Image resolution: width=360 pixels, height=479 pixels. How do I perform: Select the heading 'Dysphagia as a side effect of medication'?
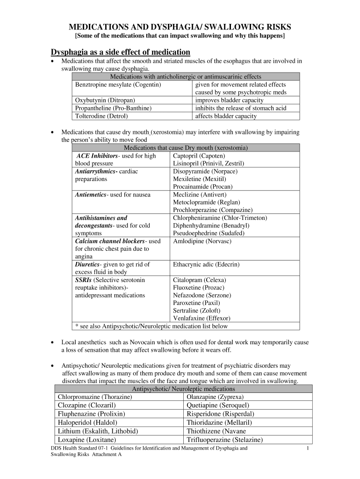click(120, 52)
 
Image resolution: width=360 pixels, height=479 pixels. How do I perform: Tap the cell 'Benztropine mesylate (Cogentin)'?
click(118, 85)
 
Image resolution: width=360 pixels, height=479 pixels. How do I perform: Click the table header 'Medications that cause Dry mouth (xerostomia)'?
click(186, 148)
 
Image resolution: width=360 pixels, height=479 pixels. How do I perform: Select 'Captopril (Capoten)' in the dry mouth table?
click(199, 156)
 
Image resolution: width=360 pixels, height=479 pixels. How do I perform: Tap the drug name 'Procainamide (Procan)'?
click(202, 187)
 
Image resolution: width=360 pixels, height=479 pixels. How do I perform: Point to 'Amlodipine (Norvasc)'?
click(202, 241)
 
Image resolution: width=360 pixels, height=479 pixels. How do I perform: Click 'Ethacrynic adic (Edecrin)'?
click(206, 264)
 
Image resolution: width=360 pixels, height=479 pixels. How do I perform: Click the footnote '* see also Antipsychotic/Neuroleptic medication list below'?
click(151, 326)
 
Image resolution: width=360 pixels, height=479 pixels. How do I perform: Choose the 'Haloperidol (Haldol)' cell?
click(86, 422)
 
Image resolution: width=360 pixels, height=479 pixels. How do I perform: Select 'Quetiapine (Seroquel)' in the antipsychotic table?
click(218, 405)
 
